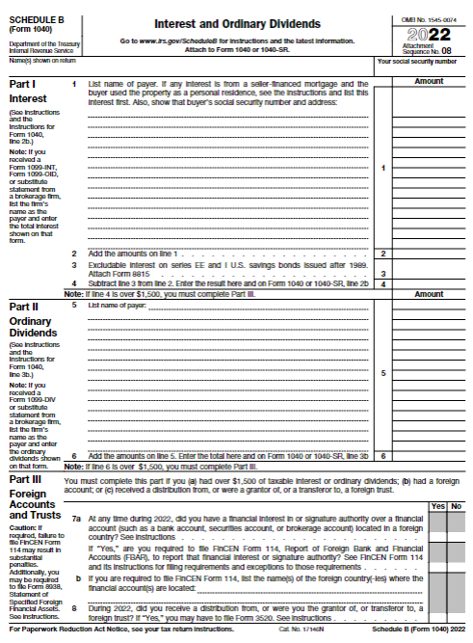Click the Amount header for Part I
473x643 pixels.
tap(429, 82)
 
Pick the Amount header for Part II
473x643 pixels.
tap(429, 306)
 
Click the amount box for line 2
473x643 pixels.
tap(429, 254)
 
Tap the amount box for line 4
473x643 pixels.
tap(429, 284)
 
